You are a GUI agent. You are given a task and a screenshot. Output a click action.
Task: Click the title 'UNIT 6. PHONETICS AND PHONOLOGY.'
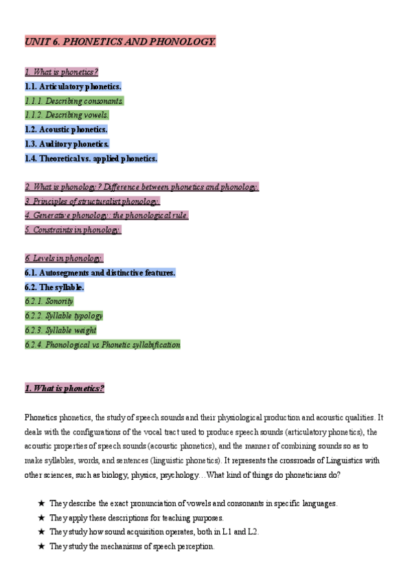coord(120,43)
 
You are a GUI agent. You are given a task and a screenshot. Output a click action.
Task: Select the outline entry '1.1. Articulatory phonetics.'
coord(73,87)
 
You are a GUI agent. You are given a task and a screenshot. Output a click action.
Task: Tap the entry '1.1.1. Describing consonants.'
coord(74,101)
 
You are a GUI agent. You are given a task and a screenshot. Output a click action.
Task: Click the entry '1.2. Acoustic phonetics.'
coord(66,129)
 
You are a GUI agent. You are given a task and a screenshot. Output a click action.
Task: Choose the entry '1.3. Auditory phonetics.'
coord(67,144)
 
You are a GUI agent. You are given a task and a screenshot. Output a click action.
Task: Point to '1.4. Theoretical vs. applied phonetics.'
coord(91,158)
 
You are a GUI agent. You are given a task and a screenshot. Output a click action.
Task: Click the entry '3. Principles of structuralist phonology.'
coord(92,201)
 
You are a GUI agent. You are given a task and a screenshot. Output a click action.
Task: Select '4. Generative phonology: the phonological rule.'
coord(106,215)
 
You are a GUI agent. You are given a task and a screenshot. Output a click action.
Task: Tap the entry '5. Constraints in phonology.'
coord(73,230)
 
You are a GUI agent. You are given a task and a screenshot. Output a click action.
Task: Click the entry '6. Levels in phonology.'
coord(64,258)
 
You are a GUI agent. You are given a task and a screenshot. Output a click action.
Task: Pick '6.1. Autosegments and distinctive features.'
coord(100,272)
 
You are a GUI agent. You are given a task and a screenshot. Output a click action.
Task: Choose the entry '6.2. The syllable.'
coord(54,287)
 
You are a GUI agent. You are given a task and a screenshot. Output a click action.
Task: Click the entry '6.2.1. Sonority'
coord(49,301)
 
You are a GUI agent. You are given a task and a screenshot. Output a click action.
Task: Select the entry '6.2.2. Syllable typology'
coord(64,316)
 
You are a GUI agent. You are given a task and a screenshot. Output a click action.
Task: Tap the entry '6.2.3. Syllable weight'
coord(60,330)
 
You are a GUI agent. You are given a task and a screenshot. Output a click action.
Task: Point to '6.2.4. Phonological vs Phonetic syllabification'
coord(102,344)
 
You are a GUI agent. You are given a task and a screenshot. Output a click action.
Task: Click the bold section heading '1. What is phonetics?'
coord(65,388)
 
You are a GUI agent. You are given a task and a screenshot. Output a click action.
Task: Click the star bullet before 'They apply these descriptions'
coord(42,518)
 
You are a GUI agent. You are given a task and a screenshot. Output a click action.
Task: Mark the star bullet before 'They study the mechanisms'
coord(42,547)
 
